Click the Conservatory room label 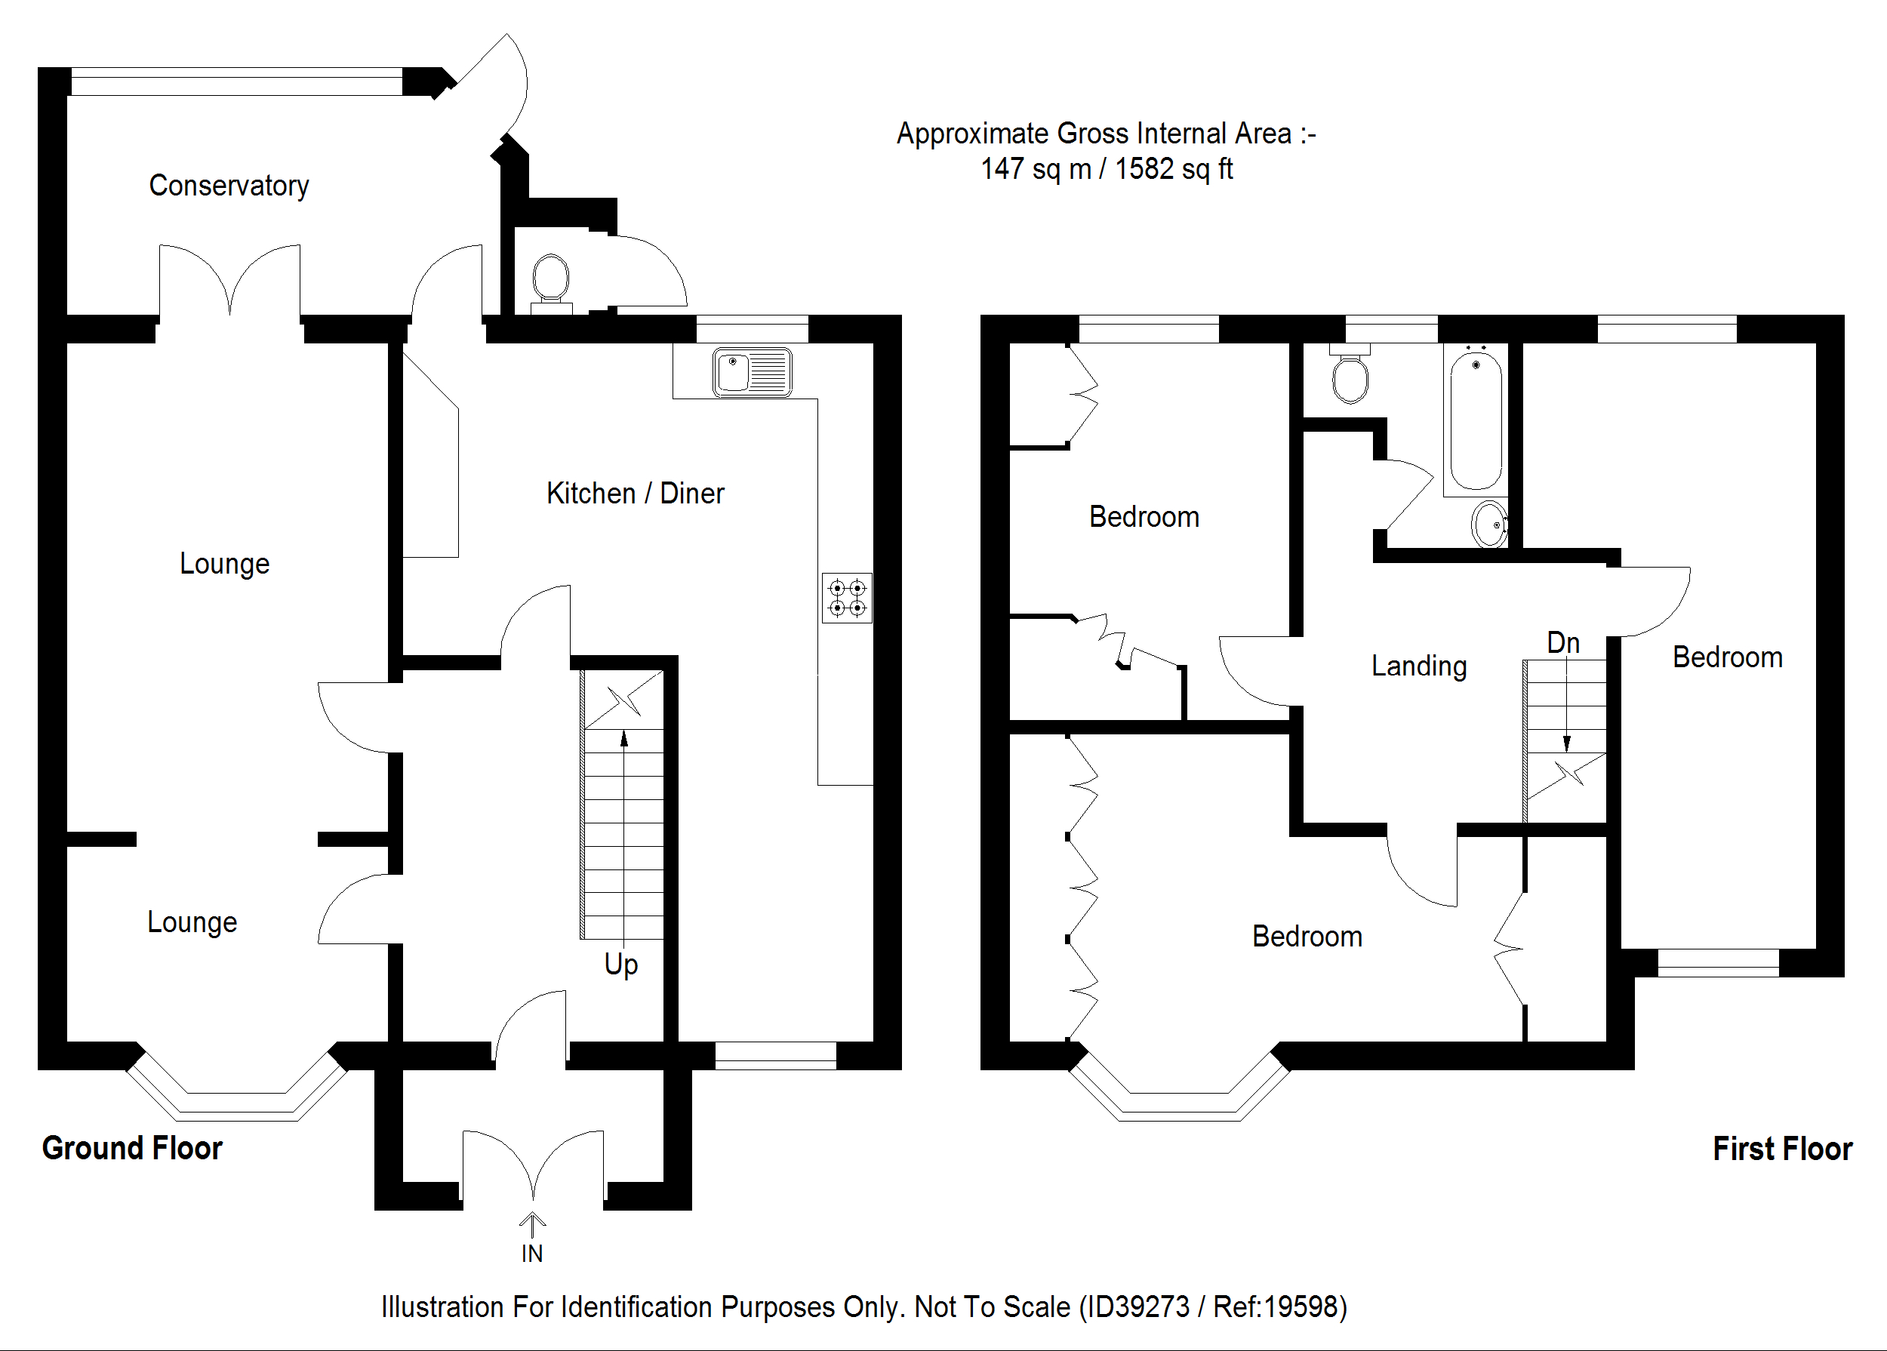coord(229,186)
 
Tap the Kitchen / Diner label coord(635,494)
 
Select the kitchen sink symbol coord(752,372)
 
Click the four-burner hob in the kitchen coord(847,598)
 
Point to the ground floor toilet coord(550,280)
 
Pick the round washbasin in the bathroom coord(1489,524)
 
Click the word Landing coord(1418,666)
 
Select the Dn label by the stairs coord(1562,643)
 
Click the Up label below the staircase coord(620,964)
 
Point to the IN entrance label coord(531,1254)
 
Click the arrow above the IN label coord(531,1223)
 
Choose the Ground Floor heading coord(132,1149)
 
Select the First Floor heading coord(1782,1149)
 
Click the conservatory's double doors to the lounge coord(229,283)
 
